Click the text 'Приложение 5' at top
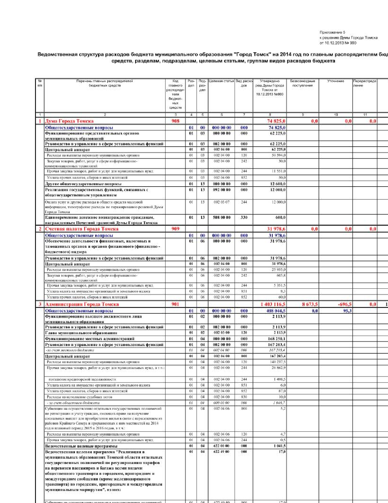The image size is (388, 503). pyautogui.click(x=332, y=32)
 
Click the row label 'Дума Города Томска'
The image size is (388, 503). pyautogui.click(x=69, y=121)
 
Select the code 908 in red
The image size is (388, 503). pyautogui.click(x=176, y=121)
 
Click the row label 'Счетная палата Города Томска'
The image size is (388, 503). pyautogui.click(x=82, y=229)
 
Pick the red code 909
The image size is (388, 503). pyautogui.click(x=176, y=229)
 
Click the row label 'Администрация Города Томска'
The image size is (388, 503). pyautogui.click(x=82, y=304)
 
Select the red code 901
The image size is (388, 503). pyautogui.click(x=176, y=304)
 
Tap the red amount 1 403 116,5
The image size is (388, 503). pyautogui.click(x=273, y=304)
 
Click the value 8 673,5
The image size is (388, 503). pyautogui.click(x=310, y=304)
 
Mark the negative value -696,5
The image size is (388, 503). pyautogui.click(x=344, y=304)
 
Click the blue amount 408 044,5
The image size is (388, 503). pyautogui.click(x=276, y=311)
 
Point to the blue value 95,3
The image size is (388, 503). pyautogui.click(x=347, y=311)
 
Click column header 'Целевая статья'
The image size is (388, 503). pyautogui.click(x=221, y=81)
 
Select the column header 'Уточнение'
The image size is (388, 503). pyautogui.click(x=336, y=81)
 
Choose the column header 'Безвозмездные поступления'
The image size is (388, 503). pyautogui.click(x=302, y=83)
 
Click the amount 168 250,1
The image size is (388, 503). pyautogui.click(x=277, y=339)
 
